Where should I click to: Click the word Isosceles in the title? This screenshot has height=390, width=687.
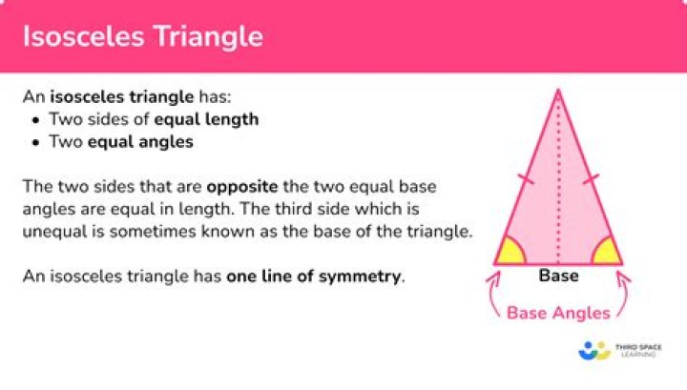pyautogui.click(x=79, y=37)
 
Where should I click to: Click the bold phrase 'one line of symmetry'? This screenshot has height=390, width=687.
pyautogui.click(x=314, y=277)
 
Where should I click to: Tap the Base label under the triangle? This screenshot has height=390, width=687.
pyautogui.click(x=558, y=277)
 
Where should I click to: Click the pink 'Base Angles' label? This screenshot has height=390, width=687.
pyautogui.click(x=558, y=312)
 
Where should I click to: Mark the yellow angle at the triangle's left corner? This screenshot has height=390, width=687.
pyautogui.click(x=510, y=253)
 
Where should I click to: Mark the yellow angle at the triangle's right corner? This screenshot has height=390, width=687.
pyautogui.click(x=606, y=253)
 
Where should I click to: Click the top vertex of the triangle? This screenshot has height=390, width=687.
pyautogui.click(x=558, y=92)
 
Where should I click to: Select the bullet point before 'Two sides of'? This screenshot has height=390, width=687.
pyautogui.click(x=35, y=120)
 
